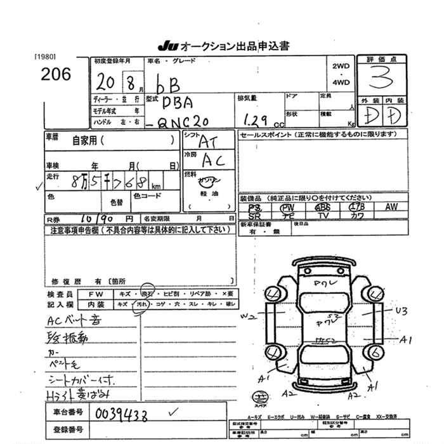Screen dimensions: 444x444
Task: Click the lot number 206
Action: click(56, 74)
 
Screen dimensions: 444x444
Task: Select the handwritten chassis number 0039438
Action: click(121, 414)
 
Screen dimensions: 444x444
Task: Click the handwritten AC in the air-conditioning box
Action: click(213, 161)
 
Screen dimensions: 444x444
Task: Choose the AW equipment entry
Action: click(391, 207)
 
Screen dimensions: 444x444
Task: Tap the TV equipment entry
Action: click(323, 216)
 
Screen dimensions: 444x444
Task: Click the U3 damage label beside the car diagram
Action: click(400, 311)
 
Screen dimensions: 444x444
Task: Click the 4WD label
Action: click(341, 82)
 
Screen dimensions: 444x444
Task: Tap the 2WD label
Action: click(341, 65)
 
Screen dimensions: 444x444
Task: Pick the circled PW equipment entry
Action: click(289, 207)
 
